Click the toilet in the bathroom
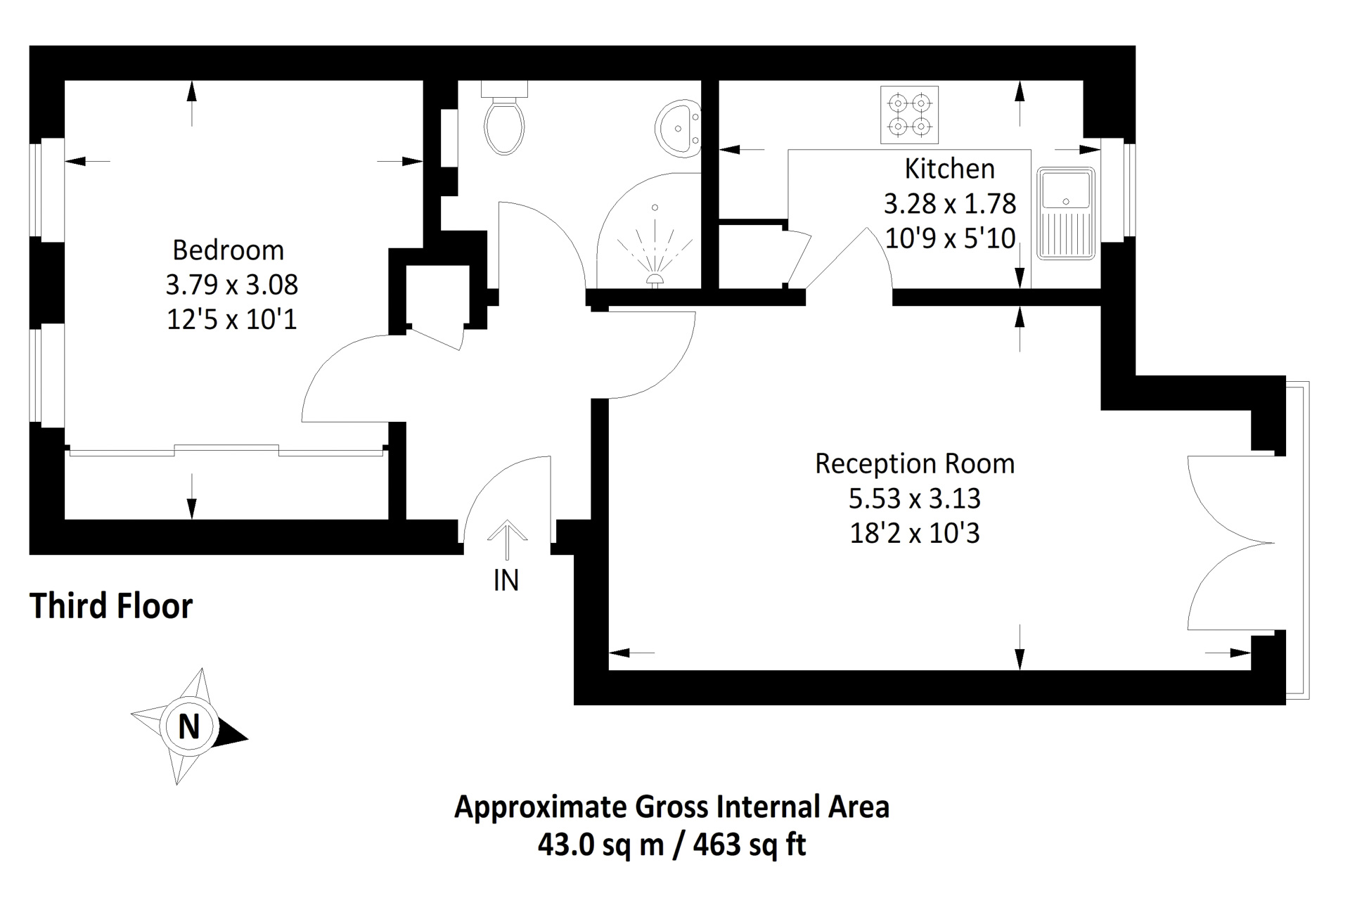coord(504,127)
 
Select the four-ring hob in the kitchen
coord(909,115)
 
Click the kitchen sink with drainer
coord(1065,213)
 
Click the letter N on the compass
coord(188,726)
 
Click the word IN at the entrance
coord(506,581)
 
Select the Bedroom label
coord(229,250)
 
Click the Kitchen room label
coord(949,169)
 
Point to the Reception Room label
coord(915,464)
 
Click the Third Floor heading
coord(111,606)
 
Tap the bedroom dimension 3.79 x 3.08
coord(232,286)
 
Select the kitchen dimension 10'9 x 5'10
coord(950,238)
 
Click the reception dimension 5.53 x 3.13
coord(914,499)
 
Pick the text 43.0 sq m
coord(600,844)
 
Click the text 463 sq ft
coord(750,844)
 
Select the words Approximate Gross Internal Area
coord(671,807)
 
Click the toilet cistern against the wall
coord(504,89)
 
